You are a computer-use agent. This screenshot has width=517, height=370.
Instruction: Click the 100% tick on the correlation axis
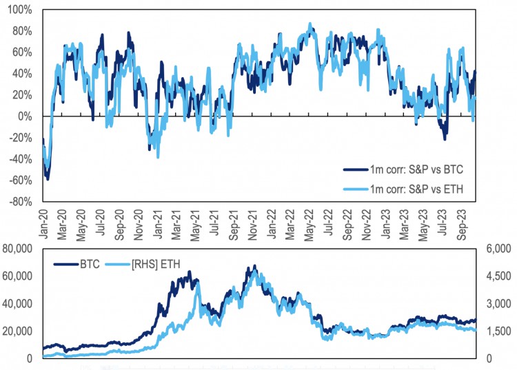click(19, 10)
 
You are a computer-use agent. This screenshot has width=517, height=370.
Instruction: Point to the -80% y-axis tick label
click(19, 203)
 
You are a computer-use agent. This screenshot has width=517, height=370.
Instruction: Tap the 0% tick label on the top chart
click(24, 116)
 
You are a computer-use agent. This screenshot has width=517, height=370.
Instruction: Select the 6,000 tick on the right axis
click(500, 248)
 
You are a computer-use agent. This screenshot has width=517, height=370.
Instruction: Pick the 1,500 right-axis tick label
click(500, 331)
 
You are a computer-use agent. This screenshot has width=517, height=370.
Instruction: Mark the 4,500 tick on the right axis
click(500, 276)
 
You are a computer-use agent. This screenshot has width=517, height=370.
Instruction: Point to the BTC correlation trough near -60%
click(47, 178)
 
